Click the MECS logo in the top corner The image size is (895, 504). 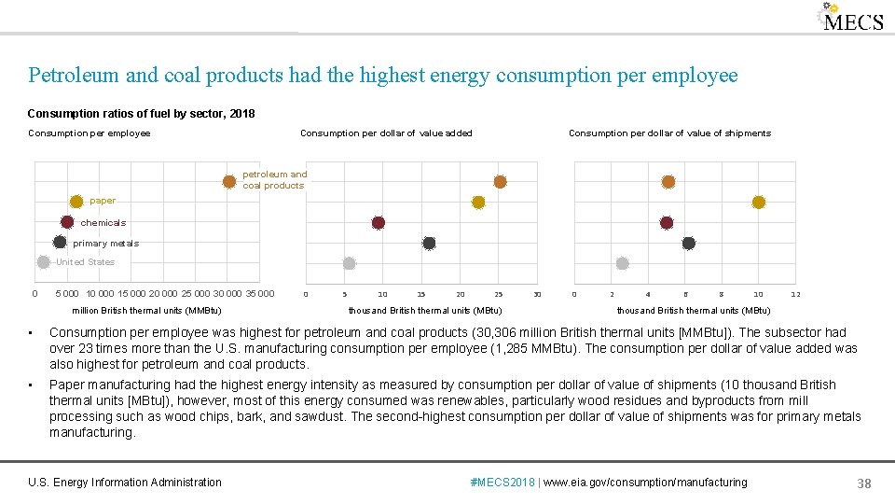[850, 19]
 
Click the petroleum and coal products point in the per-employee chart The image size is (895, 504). [229, 181]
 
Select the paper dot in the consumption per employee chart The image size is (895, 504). [76, 202]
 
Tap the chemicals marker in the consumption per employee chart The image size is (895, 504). [67, 222]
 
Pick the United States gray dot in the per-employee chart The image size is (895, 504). [43, 262]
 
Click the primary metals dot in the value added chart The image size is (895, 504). [429, 244]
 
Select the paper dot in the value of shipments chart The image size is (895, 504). [758, 203]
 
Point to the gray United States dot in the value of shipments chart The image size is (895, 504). [623, 264]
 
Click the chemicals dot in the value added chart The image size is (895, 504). [379, 223]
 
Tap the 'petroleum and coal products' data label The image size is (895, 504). [274, 180]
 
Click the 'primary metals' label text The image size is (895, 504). [105, 244]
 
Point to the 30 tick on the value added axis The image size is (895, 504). [536, 295]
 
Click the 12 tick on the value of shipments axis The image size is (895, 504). [795, 295]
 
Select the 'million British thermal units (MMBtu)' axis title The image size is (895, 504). [146, 311]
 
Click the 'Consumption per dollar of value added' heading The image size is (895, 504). [386, 133]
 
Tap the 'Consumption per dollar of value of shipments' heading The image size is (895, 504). [669, 133]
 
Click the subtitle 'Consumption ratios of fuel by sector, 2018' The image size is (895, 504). [141, 114]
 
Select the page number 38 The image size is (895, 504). [863, 483]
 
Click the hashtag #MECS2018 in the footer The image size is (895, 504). [503, 483]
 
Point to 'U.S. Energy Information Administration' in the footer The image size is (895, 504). [125, 483]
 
